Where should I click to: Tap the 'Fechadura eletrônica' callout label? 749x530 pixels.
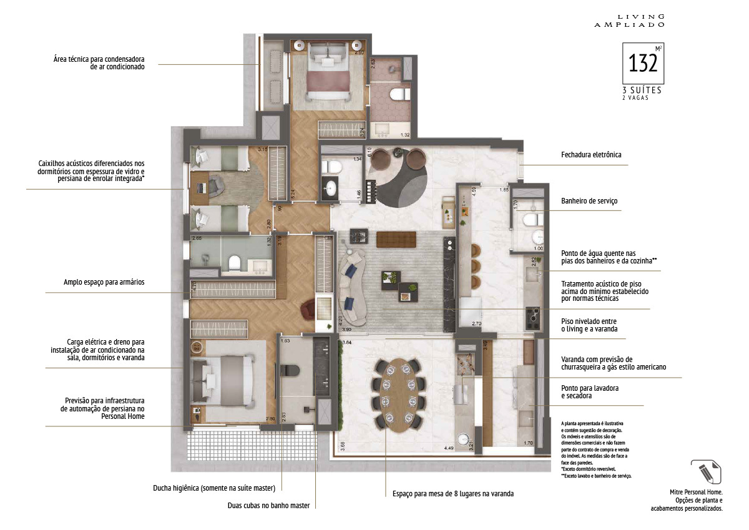click(x=591, y=154)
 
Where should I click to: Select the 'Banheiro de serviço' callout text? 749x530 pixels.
click(x=589, y=201)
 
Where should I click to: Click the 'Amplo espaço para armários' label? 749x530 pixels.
click(x=104, y=282)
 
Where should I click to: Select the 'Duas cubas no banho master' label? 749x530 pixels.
click(x=268, y=505)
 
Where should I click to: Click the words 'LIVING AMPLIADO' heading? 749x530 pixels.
click(x=638, y=21)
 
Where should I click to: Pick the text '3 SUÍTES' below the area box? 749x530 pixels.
click(x=637, y=90)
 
